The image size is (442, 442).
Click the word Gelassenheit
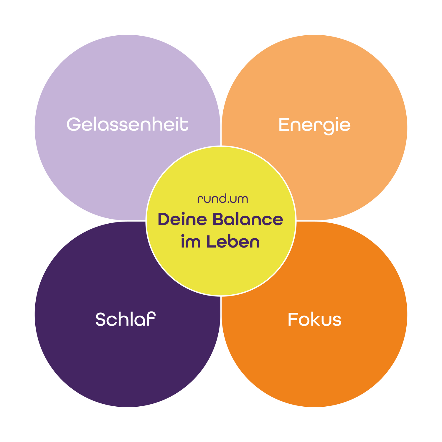point(127,124)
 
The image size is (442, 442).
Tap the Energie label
point(314,125)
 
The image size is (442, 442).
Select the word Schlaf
point(125,319)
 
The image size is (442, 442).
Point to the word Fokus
point(314,320)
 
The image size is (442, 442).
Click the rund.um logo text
point(222,199)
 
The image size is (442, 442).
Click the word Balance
point(248,220)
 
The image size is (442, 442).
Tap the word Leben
point(233,242)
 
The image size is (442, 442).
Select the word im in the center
point(191,242)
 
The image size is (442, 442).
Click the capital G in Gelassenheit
point(73,124)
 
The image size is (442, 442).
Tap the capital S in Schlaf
point(101,319)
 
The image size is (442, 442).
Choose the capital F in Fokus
point(293,320)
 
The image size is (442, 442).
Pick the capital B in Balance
point(219,220)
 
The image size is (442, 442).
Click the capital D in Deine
point(164,220)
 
